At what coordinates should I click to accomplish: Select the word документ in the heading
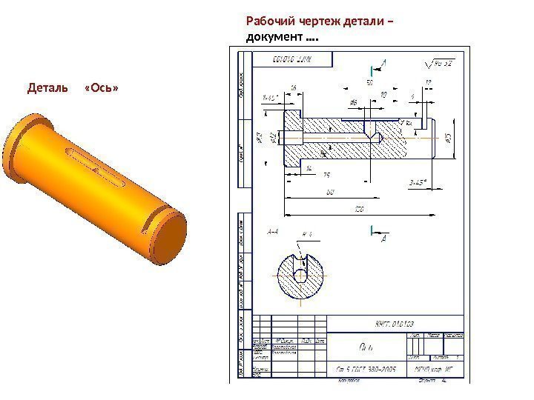pos(273,36)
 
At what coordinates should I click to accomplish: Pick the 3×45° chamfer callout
pos(420,182)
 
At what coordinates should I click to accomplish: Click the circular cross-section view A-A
pos(300,275)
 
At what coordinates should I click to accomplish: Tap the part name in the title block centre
pos(366,346)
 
